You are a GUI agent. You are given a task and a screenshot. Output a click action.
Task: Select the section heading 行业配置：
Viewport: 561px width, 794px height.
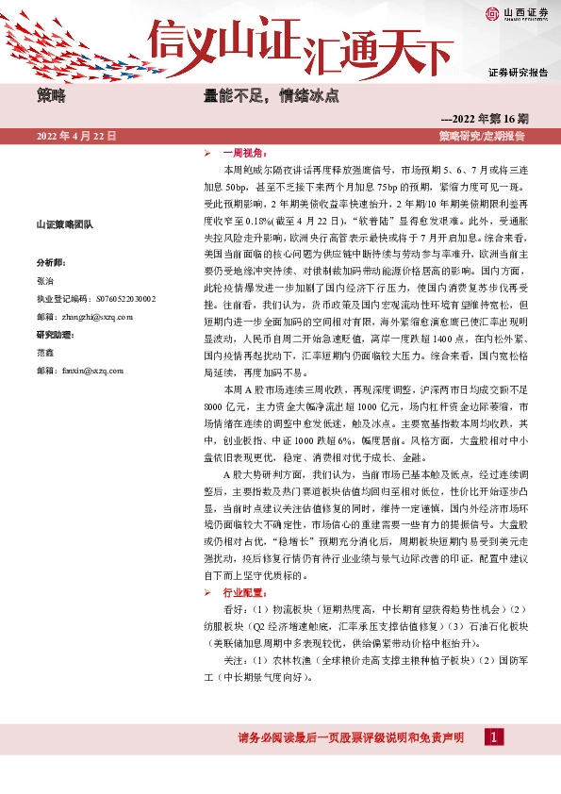244,593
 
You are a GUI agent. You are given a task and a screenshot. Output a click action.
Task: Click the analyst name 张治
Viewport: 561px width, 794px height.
44,281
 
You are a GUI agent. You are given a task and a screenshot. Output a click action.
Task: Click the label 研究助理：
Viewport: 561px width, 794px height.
54,335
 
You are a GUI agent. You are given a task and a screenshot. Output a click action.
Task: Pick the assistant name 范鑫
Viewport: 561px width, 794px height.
44,353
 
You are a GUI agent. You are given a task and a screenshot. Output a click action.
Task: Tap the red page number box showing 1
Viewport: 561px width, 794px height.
491,736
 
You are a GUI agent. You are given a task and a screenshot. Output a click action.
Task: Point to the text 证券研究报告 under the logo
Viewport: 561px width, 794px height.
518,72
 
